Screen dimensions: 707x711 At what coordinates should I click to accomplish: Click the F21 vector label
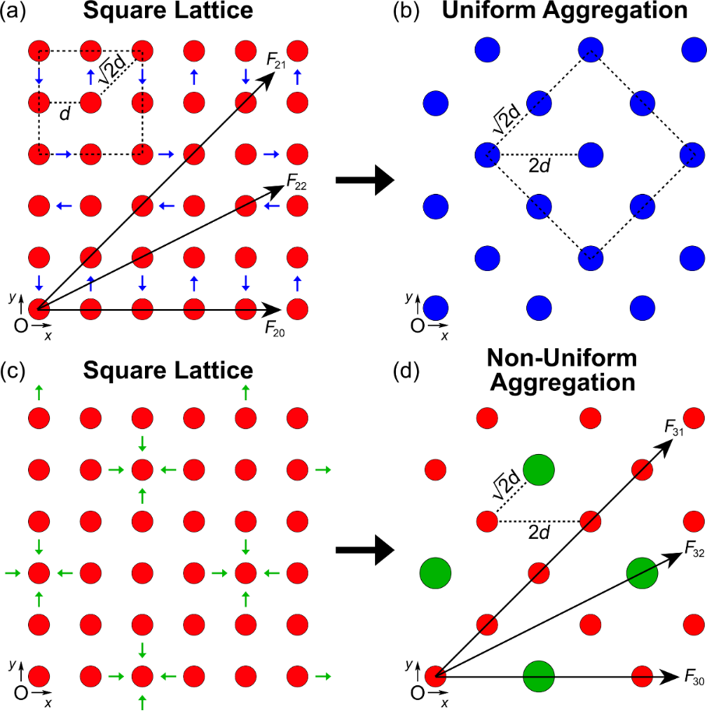276,61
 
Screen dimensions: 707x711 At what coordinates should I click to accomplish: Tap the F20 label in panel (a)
274,329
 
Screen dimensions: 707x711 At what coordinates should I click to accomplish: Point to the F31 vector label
674,427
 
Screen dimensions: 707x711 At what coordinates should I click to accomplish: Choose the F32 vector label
695,549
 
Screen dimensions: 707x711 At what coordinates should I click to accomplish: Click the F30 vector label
695,678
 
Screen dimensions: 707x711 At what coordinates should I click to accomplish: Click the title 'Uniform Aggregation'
564,11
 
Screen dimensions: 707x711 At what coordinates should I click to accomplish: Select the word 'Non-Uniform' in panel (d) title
562,358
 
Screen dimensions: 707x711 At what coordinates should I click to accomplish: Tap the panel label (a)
12,11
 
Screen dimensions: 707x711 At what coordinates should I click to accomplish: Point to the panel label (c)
12,371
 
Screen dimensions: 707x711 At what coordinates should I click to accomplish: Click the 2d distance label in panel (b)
539,166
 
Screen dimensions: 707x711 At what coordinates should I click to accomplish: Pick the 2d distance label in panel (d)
539,532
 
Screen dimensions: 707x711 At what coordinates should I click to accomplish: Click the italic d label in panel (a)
65,114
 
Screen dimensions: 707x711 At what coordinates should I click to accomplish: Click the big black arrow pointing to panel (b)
365,181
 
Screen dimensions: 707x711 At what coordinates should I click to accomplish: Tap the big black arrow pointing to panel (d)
365,550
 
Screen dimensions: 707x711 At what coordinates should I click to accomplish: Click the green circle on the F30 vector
539,677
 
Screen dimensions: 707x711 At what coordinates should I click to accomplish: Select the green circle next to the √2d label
539,470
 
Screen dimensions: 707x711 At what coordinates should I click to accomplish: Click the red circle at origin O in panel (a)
39,309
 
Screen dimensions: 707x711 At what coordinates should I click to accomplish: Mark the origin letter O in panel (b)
418,326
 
